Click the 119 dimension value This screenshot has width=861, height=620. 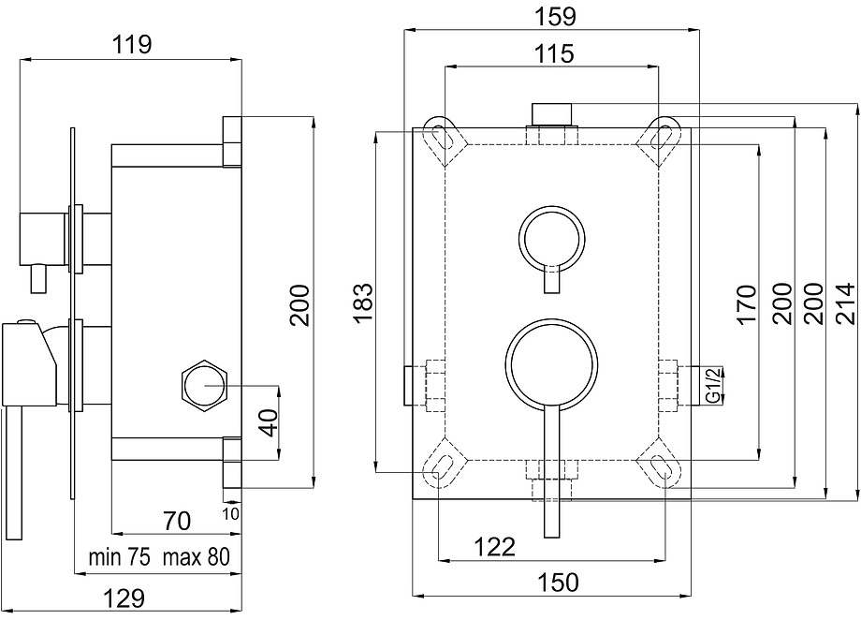point(132,44)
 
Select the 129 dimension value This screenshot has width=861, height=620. point(124,598)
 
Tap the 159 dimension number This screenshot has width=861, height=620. point(555,16)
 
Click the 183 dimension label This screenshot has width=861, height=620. point(363,303)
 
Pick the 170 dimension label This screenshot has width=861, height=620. point(748,304)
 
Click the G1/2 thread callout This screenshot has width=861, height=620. point(712,385)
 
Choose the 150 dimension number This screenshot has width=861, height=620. point(558,582)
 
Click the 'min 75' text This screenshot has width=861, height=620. point(120,557)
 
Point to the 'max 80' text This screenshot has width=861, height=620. point(196,557)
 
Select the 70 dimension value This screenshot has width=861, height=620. point(177,521)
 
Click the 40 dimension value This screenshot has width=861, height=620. point(269,422)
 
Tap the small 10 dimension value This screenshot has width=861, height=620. point(231,513)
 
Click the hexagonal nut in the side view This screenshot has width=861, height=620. point(204,386)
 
